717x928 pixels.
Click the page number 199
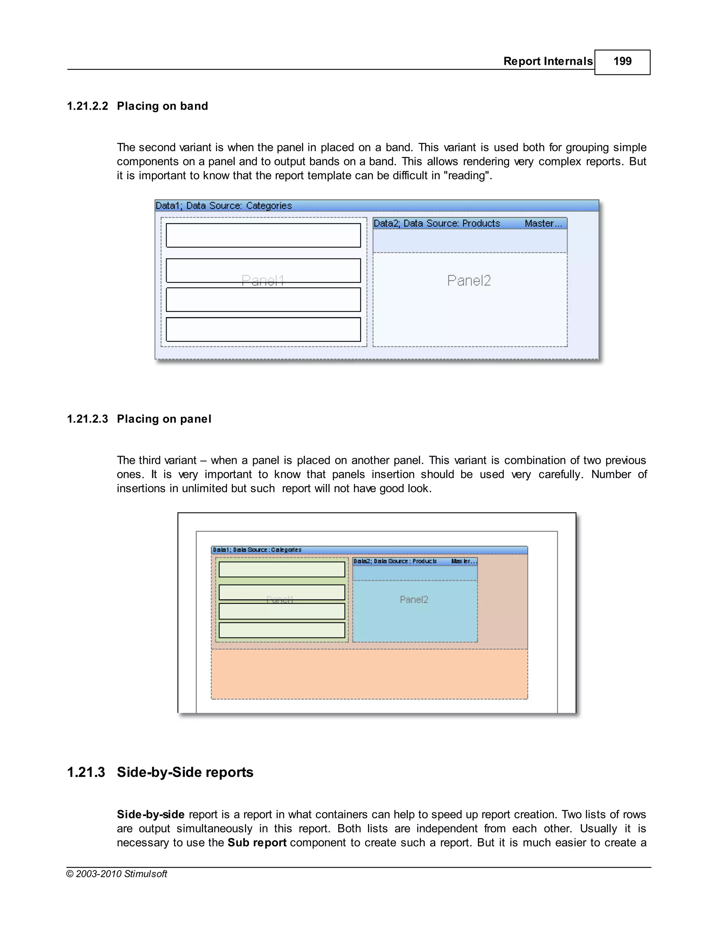(622, 61)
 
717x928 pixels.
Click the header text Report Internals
(548, 61)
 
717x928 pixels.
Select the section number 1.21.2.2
(88, 106)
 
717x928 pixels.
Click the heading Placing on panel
(164, 419)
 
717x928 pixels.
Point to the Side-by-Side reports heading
(185, 772)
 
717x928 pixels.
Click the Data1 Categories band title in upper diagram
(223, 206)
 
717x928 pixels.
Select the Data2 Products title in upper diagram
(437, 223)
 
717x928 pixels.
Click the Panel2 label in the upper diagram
(468, 281)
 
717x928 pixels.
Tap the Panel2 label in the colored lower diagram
(414, 600)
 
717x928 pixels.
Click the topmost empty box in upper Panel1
(263, 235)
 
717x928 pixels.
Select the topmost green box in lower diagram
(281, 569)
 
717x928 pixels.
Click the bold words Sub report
(257, 843)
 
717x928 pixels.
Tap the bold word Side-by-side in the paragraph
(150, 815)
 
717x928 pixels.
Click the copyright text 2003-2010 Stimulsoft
(117, 874)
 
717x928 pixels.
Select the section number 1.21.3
(86, 772)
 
